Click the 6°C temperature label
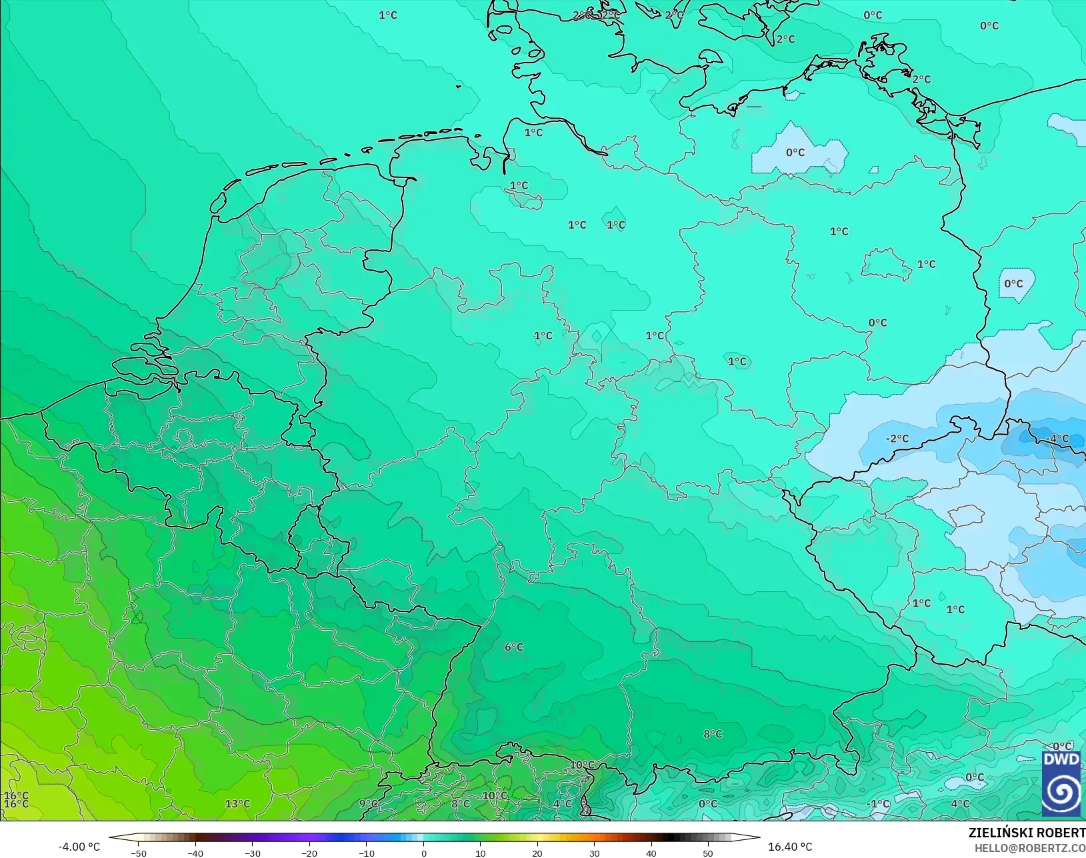click(x=514, y=647)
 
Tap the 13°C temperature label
click(x=237, y=804)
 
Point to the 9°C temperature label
click(x=368, y=804)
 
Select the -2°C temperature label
click(x=897, y=439)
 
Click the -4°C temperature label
click(x=1057, y=439)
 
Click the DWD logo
click(x=1061, y=783)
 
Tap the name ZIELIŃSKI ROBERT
click(x=1027, y=833)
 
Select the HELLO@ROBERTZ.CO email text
click(x=1030, y=848)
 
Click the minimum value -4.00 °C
click(x=79, y=847)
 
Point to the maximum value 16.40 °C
click(x=790, y=847)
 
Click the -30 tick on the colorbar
click(x=252, y=853)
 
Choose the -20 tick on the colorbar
click(x=309, y=853)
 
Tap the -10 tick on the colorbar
click(x=366, y=853)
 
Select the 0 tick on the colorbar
click(x=424, y=853)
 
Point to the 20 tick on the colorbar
click(x=537, y=853)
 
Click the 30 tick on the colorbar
click(x=594, y=853)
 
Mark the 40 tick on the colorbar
click(x=651, y=853)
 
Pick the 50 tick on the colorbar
click(x=708, y=853)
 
